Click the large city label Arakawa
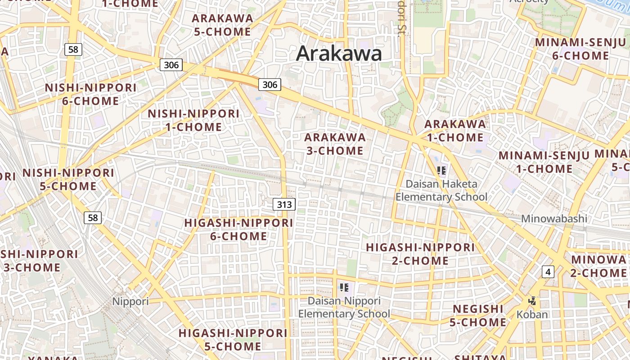pos(339,54)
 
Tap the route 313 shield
pos(284,205)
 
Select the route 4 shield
pos(547,272)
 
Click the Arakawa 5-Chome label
pos(222,25)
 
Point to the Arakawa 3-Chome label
pos(335,144)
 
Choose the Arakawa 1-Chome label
pos(455,130)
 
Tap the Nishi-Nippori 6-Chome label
pos(90,94)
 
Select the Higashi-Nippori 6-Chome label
pos(239,229)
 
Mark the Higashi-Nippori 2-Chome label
pos(420,254)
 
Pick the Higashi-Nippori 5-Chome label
pos(233,340)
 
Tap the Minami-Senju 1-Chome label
pos(544,162)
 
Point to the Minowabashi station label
pos(554,219)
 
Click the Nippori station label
pos(130,301)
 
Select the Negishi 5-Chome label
pos(478,315)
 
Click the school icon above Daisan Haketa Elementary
pos(441,170)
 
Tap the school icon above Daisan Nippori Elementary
pos(344,287)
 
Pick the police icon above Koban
pos(532,301)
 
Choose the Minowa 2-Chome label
pos(598,266)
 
